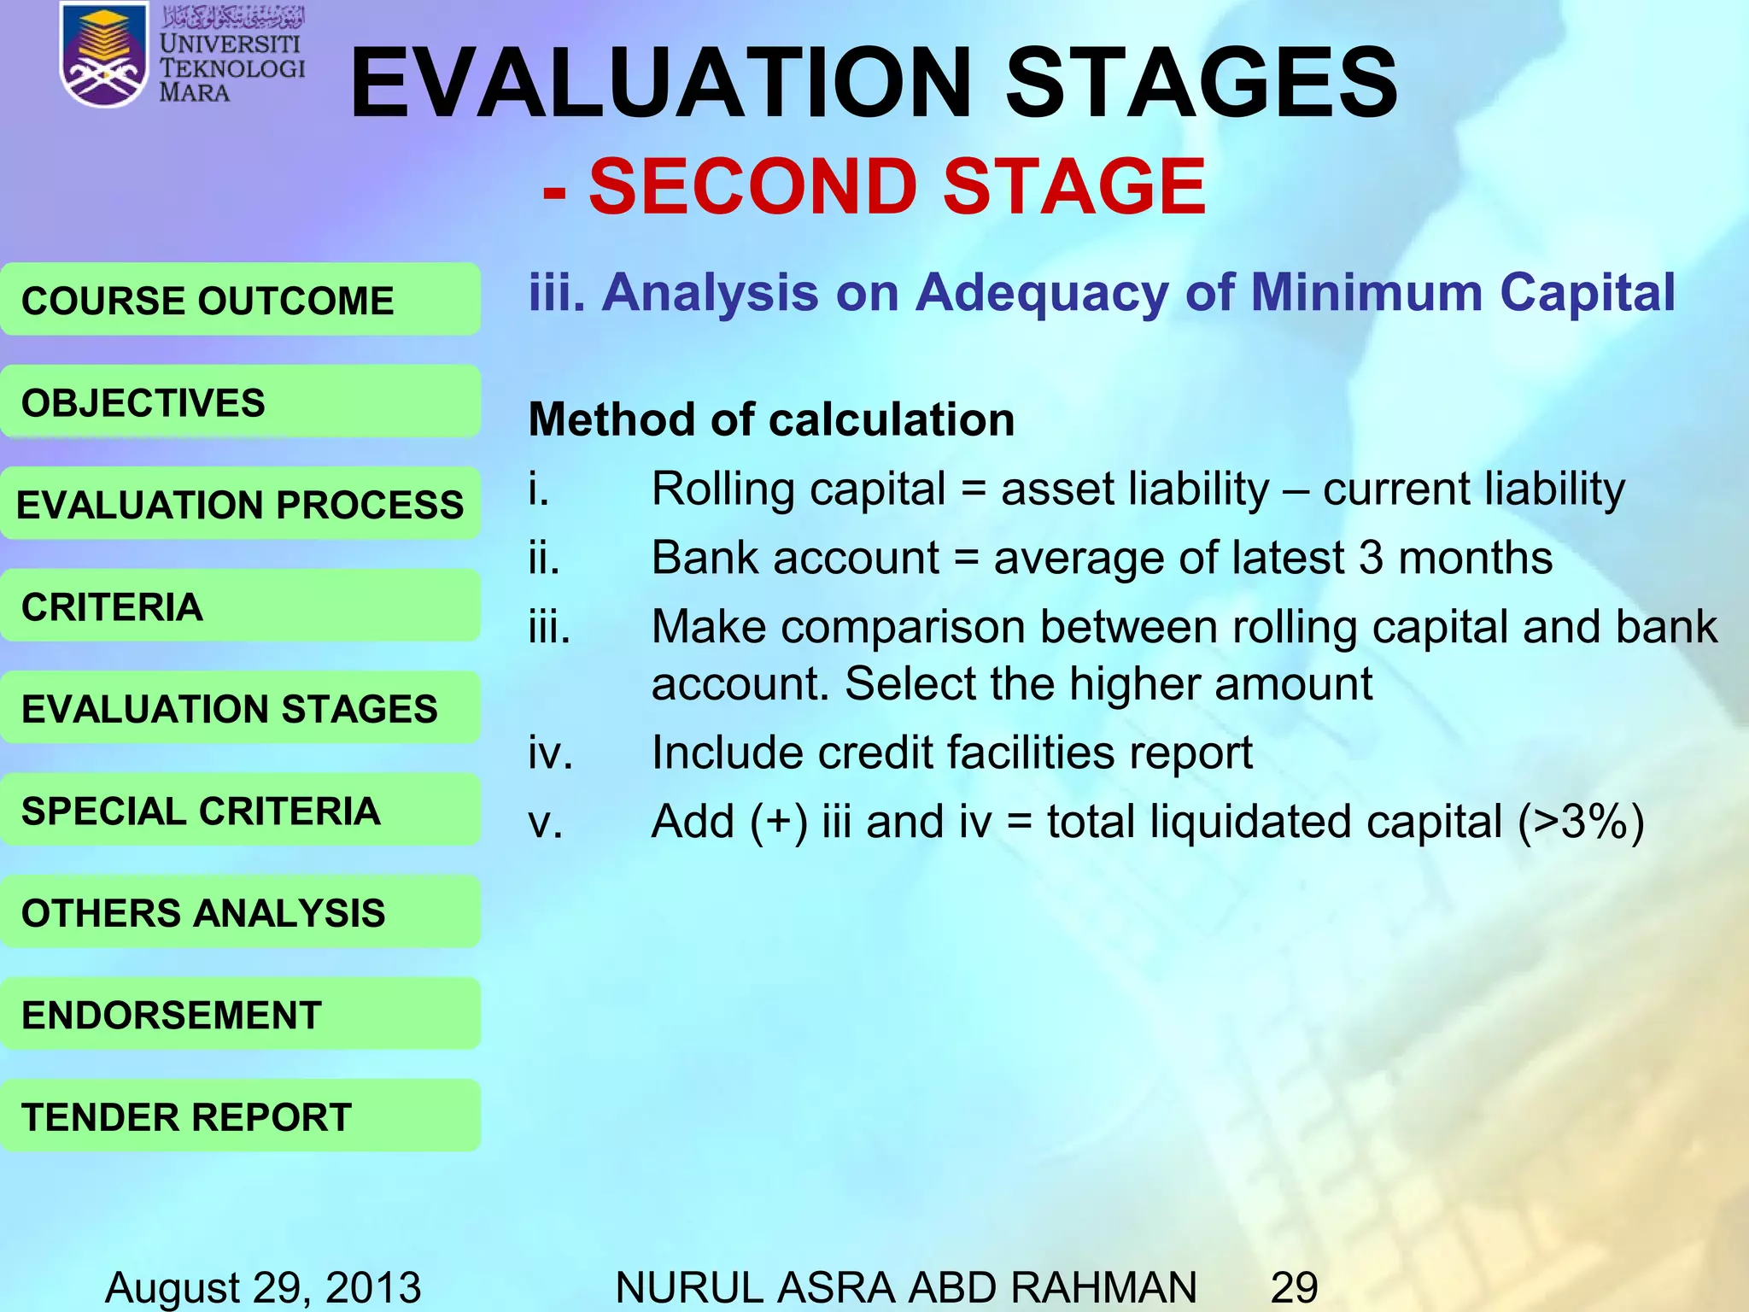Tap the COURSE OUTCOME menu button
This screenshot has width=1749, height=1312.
(x=240, y=300)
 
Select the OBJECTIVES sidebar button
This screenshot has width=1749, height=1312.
(x=240, y=402)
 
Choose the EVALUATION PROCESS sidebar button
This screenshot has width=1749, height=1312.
(x=240, y=504)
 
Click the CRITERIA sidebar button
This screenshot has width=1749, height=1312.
(x=240, y=606)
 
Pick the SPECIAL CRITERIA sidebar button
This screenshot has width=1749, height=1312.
(x=240, y=811)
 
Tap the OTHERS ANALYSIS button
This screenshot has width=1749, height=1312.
(x=240, y=912)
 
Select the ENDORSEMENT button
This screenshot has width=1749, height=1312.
(x=240, y=1015)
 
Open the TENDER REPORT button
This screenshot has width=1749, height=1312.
(x=240, y=1116)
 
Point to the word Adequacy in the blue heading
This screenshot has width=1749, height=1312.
(x=1042, y=294)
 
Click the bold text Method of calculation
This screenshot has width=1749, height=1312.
(x=771, y=419)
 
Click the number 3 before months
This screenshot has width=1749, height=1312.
(x=1371, y=558)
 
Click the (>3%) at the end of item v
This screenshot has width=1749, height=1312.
(x=1581, y=822)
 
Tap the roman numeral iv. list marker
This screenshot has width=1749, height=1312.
(x=550, y=753)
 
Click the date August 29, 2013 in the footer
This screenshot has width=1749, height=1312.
(x=263, y=1287)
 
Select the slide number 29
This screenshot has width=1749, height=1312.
(x=1294, y=1287)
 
